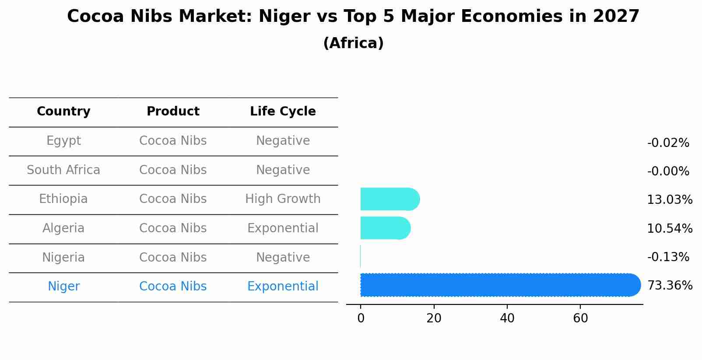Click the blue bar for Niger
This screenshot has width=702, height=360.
[x=499, y=285]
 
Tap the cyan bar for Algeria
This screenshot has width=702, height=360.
[x=385, y=228]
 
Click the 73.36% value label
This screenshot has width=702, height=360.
[x=670, y=286]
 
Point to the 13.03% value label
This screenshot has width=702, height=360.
[x=670, y=200]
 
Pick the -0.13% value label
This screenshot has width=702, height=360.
[x=668, y=257]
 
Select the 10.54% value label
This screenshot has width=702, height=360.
[x=670, y=228]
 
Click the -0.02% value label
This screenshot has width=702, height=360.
[x=668, y=143]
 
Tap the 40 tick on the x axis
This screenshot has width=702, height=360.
[x=507, y=318]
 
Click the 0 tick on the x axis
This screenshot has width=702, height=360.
[x=361, y=318]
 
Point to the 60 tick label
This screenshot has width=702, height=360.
[x=580, y=318]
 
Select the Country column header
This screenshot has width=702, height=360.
[x=63, y=112]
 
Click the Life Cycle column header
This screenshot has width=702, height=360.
[x=283, y=112]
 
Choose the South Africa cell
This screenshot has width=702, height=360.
[x=63, y=170]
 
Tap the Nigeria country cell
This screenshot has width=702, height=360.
[x=63, y=257]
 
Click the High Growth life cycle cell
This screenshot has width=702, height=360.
[x=283, y=199]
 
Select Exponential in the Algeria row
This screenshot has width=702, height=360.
[x=283, y=228]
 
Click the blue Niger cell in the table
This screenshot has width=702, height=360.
[x=63, y=287]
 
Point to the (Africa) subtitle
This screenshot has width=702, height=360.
[x=353, y=43]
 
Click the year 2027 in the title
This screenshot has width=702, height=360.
[x=616, y=17]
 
